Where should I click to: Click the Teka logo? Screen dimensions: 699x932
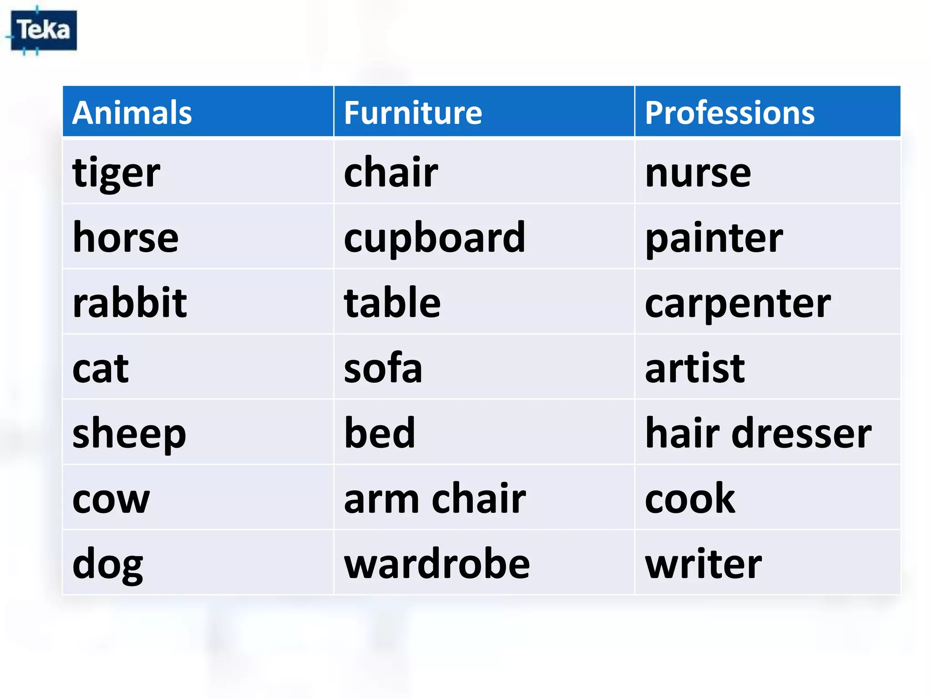44,30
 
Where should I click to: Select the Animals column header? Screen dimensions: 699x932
132,112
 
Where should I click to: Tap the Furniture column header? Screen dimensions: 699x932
413,112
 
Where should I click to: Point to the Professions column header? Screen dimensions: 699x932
729,112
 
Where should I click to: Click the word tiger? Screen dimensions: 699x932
116,173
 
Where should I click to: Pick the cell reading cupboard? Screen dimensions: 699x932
435,238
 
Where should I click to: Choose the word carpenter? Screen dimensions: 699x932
738,304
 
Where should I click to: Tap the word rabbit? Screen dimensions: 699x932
130,303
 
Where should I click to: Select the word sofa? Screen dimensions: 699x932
383,368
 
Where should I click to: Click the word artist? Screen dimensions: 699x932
695,368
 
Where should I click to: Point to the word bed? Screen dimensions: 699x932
380,433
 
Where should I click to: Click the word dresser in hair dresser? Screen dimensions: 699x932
801,434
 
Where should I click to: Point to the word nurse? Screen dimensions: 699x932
698,173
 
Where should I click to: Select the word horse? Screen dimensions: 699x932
126,238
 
